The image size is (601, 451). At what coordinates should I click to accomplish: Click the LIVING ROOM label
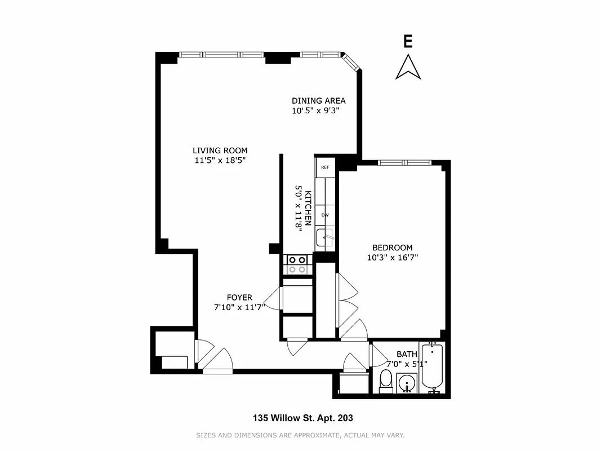pyautogui.click(x=220, y=151)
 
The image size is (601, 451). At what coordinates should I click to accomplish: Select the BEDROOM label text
pyautogui.click(x=392, y=247)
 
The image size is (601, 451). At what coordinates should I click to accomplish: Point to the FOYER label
pyautogui.click(x=239, y=298)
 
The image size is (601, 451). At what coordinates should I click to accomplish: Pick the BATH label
pyautogui.click(x=407, y=354)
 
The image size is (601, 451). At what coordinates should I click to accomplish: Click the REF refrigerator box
pyautogui.click(x=325, y=167)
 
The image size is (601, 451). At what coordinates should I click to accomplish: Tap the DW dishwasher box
pyautogui.click(x=325, y=215)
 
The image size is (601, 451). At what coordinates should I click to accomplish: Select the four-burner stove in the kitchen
pyautogui.click(x=297, y=264)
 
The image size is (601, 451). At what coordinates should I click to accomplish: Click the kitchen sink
pyautogui.click(x=325, y=237)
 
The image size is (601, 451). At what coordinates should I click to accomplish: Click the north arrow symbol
pyautogui.click(x=408, y=67)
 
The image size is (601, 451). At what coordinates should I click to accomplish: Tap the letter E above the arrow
pyautogui.click(x=408, y=41)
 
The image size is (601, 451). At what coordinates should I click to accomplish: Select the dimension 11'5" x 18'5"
pyautogui.click(x=220, y=160)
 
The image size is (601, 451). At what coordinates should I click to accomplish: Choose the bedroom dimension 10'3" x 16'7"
pyautogui.click(x=392, y=258)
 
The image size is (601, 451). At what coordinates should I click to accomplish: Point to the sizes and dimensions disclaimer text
pyautogui.click(x=300, y=435)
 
